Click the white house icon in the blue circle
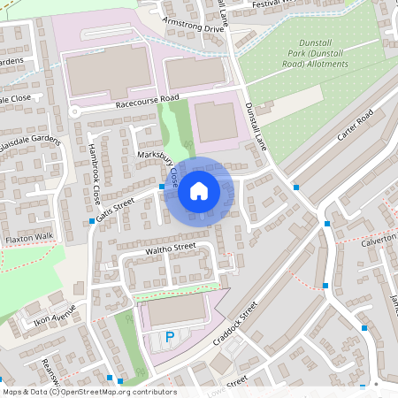coord(199,190)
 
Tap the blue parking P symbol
coord(170,337)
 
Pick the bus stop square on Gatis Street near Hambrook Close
coord(92,222)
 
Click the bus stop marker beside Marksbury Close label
coord(162,187)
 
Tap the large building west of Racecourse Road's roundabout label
coord(110,72)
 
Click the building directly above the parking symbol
coord(172,311)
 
